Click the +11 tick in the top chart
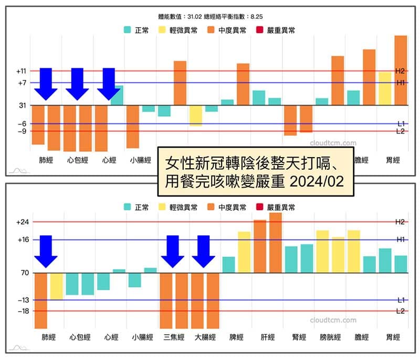click(22, 70)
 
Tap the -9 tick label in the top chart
click(22, 131)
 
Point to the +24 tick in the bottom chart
click(22, 222)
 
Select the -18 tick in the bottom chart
click(22, 311)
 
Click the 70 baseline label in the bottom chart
click(23, 273)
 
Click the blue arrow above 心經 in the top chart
click(109, 84)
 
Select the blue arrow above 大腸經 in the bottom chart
click(204, 251)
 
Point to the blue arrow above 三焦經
click(172, 251)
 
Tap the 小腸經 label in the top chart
click(141, 160)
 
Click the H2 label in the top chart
click(400, 70)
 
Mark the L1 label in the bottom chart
click(400, 300)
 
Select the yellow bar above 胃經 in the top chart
click(385, 88)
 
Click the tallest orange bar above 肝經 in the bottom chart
click(276, 242)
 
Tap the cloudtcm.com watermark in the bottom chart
click(333, 320)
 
